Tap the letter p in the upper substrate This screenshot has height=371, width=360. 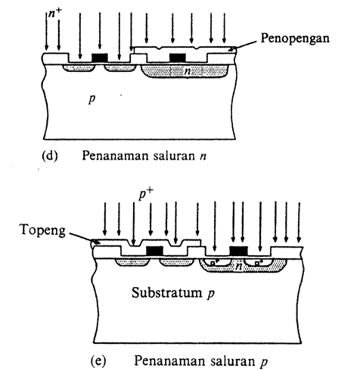[x=92, y=99]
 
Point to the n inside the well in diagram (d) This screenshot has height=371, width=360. [x=185, y=71]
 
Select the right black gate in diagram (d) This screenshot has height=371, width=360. [x=178, y=58]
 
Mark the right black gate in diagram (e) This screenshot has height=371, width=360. [x=239, y=251]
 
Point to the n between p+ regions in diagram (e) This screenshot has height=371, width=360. [x=238, y=266]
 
